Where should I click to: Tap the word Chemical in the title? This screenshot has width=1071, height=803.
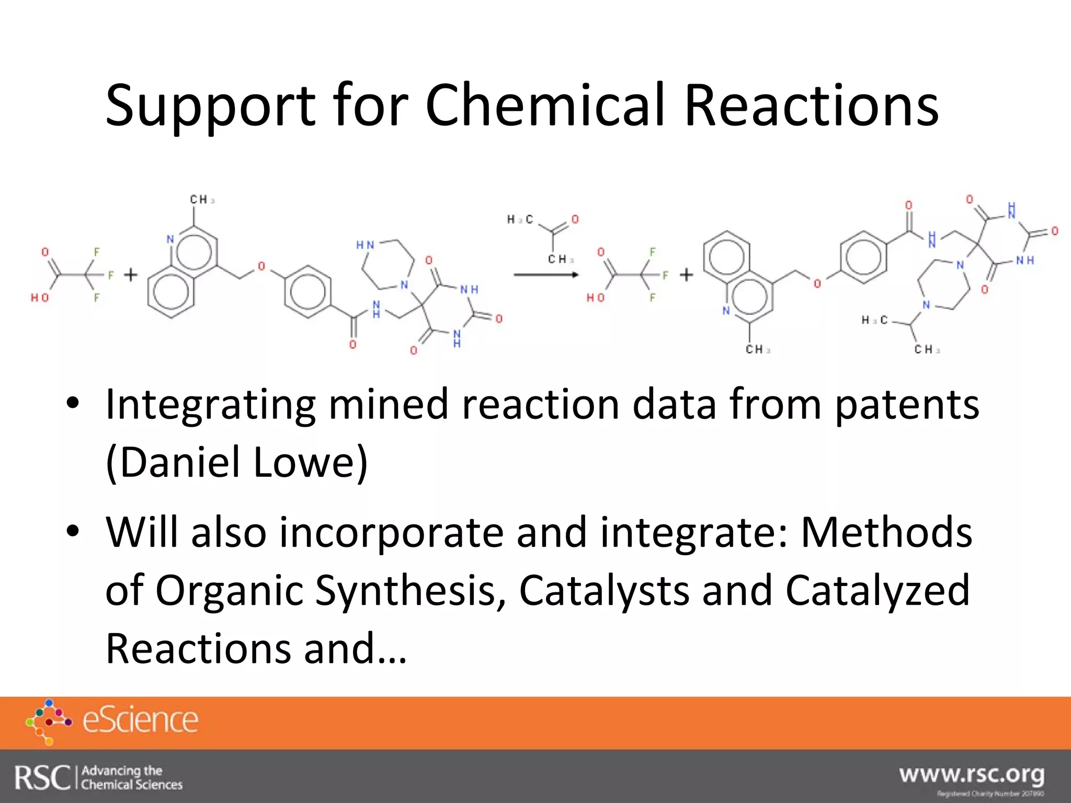545,106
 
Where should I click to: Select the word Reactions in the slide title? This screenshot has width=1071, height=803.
811,106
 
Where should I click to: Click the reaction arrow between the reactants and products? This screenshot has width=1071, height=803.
545,275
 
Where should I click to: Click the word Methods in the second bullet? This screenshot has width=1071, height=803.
886,532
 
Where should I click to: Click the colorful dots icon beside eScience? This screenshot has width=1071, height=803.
48,721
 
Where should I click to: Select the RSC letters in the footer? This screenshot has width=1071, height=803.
42,777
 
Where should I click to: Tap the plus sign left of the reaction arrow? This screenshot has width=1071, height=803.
131,274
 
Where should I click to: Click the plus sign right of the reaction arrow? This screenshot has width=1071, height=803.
686,274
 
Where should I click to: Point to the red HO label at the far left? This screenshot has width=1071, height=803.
39,297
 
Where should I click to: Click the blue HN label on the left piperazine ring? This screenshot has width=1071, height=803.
365,245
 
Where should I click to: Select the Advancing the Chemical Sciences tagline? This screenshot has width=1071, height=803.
132,777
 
